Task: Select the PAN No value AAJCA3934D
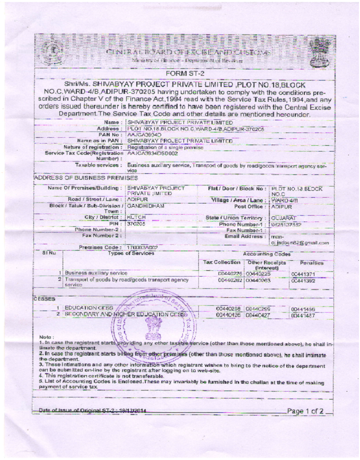[x=145, y=135]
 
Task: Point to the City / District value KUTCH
[x=136, y=217]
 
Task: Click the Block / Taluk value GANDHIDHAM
[x=146, y=205]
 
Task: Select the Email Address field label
[x=244, y=236]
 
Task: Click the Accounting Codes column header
[x=267, y=254]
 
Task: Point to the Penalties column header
[x=311, y=263]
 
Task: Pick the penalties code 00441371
[x=304, y=273]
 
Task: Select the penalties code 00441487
[x=304, y=315]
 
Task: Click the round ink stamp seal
[x=154, y=325]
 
